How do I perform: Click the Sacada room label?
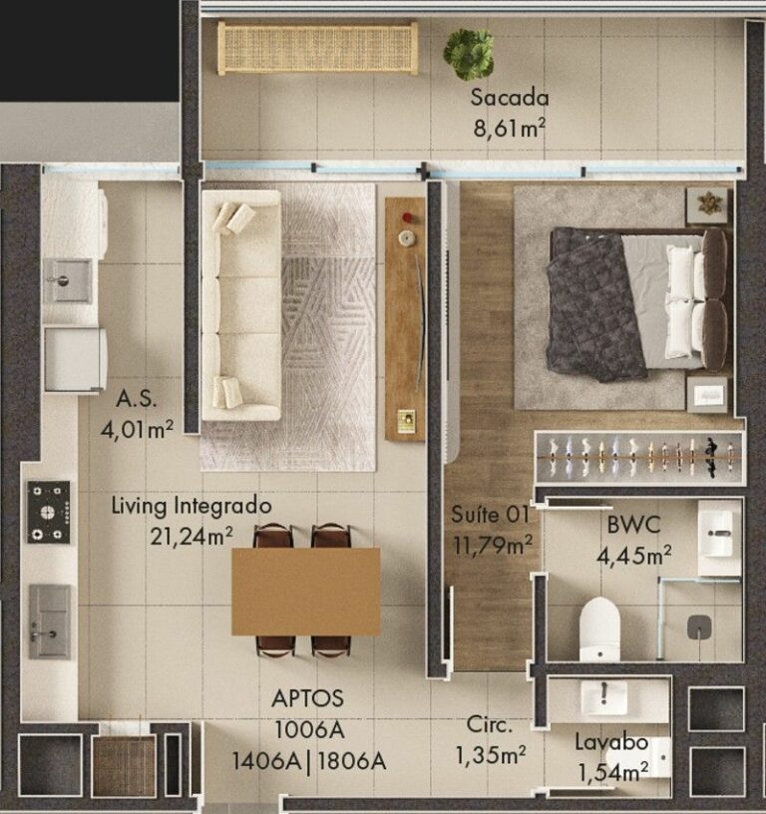click(x=509, y=98)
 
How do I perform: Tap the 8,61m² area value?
click(x=509, y=128)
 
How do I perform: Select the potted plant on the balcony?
click(x=468, y=55)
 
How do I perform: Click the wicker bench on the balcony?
click(x=317, y=48)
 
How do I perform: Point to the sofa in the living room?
click(x=241, y=304)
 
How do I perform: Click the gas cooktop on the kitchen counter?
click(x=48, y=512)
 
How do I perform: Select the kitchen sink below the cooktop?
click(x=50, y=621)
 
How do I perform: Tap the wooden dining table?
click(x=305, y=592)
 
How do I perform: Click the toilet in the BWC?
click(x=599, y=629)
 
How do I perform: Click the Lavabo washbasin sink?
click(x=603, y=697)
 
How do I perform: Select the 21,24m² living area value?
click(x=191, y=537)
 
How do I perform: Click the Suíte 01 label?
click(x=490, y=515)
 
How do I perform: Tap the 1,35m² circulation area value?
click(x=491, y=755)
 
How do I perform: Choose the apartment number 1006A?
click(x=309, y=730)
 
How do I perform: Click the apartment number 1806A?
click(x=352, y=761)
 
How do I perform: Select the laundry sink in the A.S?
click(x=67, y=281)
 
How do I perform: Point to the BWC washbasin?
click(x=719, y=533)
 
